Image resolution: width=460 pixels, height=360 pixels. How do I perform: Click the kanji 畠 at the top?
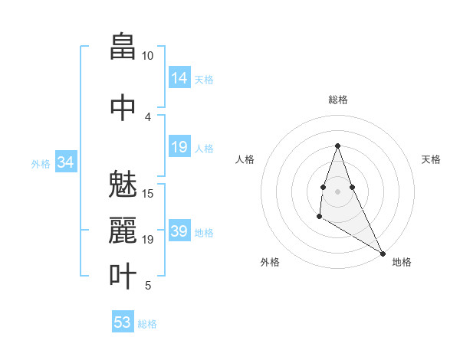point(123,48)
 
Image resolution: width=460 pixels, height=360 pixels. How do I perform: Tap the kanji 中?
point(123,107)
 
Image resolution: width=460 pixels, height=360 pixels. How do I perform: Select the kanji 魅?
point(123,185)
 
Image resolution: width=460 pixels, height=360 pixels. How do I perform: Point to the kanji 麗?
point(123,231)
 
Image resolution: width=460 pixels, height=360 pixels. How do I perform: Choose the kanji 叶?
point(123,277)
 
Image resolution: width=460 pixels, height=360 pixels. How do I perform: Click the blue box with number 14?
point(179,78)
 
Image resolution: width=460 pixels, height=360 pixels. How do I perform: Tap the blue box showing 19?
point(179,147)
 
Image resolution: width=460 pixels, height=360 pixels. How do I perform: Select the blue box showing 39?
point(179,231)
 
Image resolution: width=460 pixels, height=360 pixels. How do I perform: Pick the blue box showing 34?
point(65,162)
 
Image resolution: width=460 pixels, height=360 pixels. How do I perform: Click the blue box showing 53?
point(123,322)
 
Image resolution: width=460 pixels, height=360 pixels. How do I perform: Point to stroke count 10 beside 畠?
point(147,56)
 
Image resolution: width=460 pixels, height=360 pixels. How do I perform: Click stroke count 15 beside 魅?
point(148,193)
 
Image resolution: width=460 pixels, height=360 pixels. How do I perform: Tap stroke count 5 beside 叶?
point(148,286)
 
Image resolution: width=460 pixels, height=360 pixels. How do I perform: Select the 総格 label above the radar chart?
point(337,100)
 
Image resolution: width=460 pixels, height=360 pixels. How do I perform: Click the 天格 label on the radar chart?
point(431,159)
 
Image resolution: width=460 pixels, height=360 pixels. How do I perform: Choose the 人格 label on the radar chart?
point(245,159)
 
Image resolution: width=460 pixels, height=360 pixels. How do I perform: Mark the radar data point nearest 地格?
point(383,254)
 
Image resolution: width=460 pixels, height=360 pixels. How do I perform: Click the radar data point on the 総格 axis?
point(337,146)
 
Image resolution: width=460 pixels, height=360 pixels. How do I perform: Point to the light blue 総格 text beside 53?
point(147,324)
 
